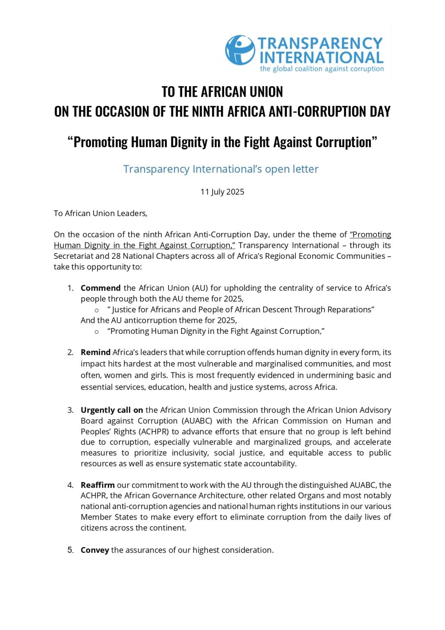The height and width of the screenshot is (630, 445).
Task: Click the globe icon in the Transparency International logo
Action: click(240, 50)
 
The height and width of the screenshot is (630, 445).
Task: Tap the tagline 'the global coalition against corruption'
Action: click(322, 69)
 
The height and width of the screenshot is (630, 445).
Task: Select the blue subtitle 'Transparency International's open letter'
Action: click(221, 169)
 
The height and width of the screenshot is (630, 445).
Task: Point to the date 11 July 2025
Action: click(222, 192)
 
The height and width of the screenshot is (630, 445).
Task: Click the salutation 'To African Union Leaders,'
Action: click(100, 213)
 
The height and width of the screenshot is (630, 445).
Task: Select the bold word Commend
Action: click(100, 288)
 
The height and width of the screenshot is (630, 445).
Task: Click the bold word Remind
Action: click(95, 352)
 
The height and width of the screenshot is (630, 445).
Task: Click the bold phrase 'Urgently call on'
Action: click(111, 410)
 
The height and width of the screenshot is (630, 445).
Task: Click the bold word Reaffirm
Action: click(98, 485)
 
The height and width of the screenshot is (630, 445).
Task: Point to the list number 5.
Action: click(70, 550)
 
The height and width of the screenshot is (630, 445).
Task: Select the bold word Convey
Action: click(95, 550)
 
